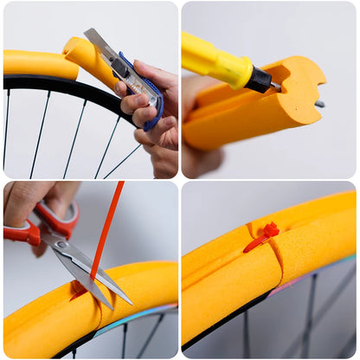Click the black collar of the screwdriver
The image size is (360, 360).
tap(260, 80)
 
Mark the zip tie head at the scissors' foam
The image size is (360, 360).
tap(79, 286)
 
